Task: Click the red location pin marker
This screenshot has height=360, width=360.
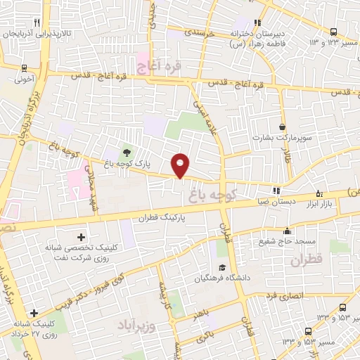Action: point(181,165)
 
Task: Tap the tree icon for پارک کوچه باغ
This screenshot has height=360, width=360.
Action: point(127,151)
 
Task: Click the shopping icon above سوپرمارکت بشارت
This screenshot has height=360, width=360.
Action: point(283,127)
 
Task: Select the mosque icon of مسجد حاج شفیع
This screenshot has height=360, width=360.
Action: point(287,231)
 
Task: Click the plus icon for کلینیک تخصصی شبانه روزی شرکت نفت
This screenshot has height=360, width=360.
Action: point(81,237)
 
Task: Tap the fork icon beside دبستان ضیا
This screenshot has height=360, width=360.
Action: point(276,191)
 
